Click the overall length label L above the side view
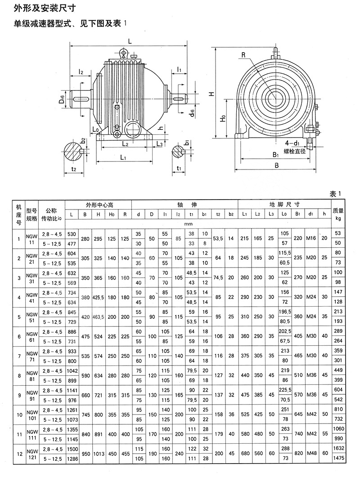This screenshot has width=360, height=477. click(x=130, y=40)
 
